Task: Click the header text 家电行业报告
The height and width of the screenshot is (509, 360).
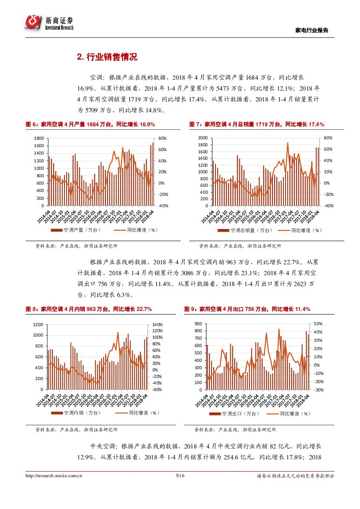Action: point(312,30)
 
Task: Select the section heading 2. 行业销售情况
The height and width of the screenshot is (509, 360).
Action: point(107,57)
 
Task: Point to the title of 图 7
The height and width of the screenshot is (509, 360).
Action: point(257,125)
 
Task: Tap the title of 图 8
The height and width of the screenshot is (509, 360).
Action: point(89,309)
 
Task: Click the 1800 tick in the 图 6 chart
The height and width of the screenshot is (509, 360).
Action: point(38,138)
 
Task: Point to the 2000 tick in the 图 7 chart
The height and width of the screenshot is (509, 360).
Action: point(202,138)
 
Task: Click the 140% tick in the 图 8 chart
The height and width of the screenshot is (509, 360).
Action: point(157,324)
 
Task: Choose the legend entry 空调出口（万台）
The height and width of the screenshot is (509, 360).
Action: point(240,414)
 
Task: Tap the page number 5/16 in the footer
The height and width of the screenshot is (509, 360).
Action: point(180,476)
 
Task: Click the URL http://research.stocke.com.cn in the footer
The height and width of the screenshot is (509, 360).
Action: point(54,476)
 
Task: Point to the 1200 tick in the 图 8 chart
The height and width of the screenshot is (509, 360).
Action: point(39,324)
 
